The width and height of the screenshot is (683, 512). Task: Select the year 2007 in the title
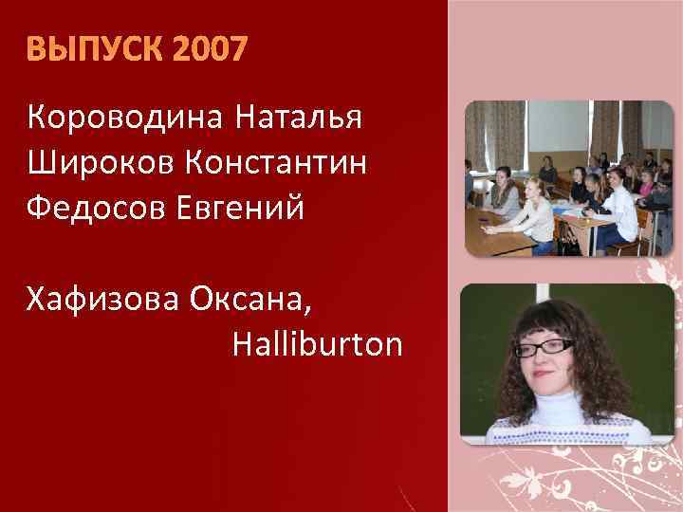[209, 47]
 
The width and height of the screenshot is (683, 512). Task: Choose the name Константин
[276, 162]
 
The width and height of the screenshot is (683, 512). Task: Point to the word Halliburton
[317, 345]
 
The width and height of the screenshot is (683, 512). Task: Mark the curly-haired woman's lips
[550, 376]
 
